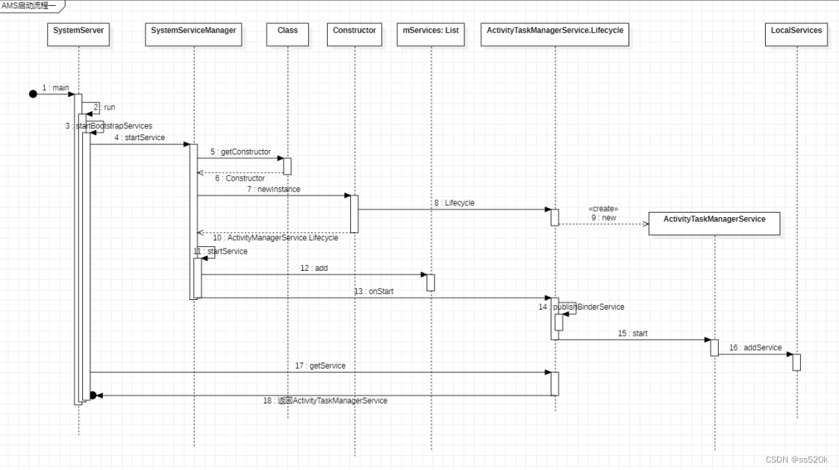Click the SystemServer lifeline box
[78, 31]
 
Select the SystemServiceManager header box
[193, 31]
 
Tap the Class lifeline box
[287, 31]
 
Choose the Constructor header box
[355, 31]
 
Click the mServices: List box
[431, 31]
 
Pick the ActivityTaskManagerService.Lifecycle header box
[555, 31]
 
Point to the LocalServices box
[796, 31]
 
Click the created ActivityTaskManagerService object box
[714, 220]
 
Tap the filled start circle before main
[33, 93]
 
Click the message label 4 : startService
[140, 138]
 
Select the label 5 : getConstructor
[240, 152]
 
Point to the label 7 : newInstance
[274, 189]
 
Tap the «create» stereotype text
[603, 209]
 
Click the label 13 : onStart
[373, 292]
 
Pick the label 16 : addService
[755, 348]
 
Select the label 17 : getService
[320, 366]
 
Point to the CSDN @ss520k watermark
[797, 460]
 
